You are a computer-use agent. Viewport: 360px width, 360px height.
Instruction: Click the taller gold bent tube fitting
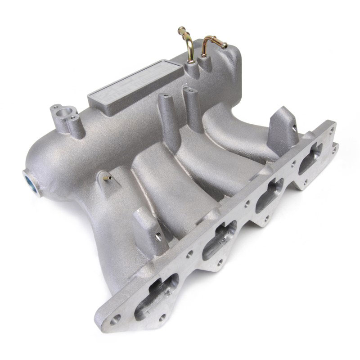[188, 45]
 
